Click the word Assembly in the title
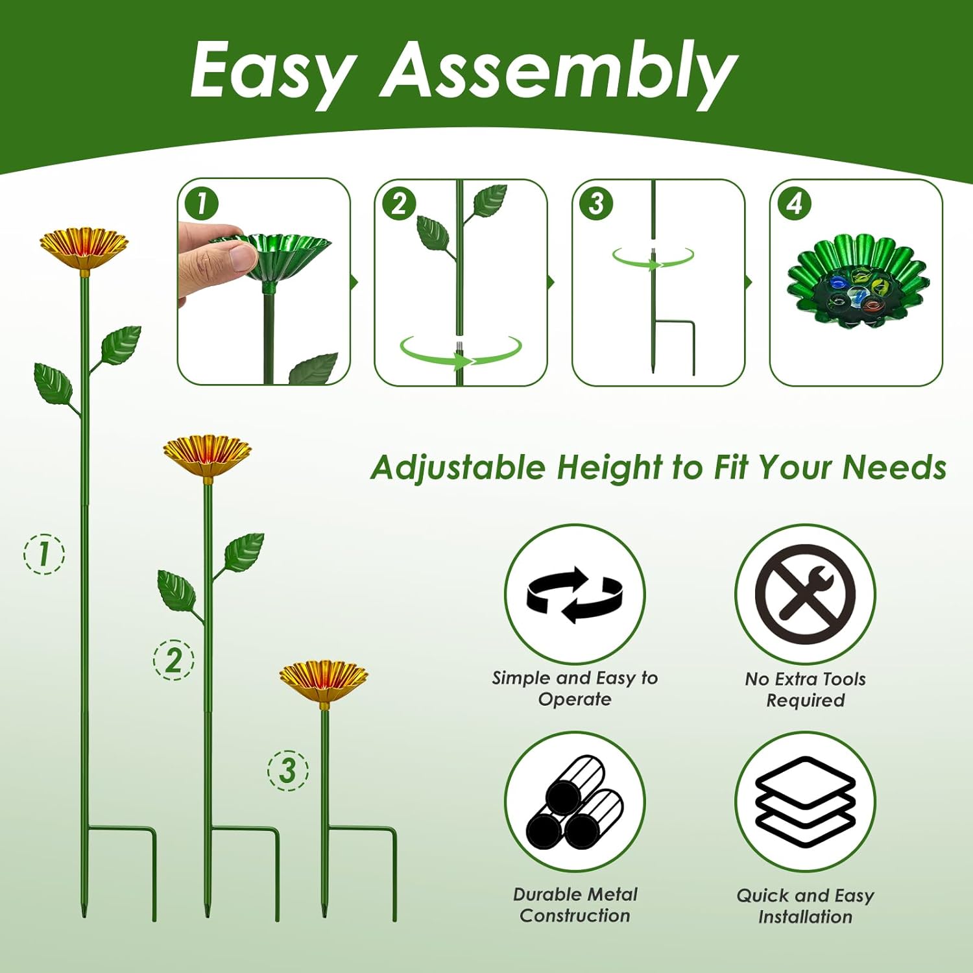(x=559, y=71)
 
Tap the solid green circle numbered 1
(x=202, y=203)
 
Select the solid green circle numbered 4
(x=795, y=203)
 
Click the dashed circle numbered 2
(x=173, y=660)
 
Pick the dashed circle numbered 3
(x=288, y=770)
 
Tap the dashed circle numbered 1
(x=44, y=553)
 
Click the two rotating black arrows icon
(x=575, y=594)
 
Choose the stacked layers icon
(x=805, y=801)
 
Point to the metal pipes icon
(x=575, y=802)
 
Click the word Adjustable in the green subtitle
(x=458, y=468)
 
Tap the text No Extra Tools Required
(x=805, y=690)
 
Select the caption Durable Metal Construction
(x=575, y=905)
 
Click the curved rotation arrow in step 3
(x=653, y=258)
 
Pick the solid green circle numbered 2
(x=399, y=203)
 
